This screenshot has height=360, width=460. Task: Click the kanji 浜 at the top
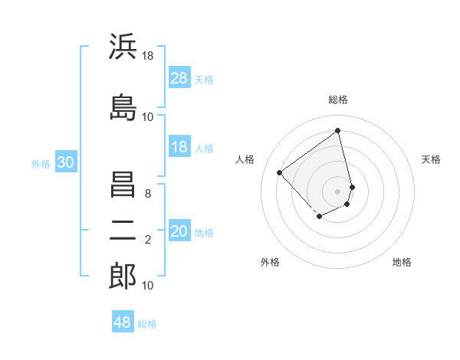(x=123, y=47)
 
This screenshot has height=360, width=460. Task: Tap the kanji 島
(x=123, y=106)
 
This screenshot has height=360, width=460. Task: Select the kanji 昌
(x=123, y=186)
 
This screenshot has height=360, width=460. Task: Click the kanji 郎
(x=123, y=277)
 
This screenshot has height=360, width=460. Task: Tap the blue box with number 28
(x=179, y=77)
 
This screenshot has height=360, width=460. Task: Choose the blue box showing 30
(x=66, y=162)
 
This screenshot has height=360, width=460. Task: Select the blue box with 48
(x=123, y=322)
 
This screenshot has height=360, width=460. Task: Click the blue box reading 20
(x=179, y=231)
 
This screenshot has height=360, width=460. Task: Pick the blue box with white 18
(x=179, y=147)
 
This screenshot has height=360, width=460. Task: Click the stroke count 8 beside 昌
(x=148, y=194)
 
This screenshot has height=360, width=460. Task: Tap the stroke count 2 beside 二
(x=148, y=240)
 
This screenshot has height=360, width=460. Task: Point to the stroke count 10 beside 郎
(x=148, y=286)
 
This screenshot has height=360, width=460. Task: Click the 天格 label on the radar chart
(x=431, y=159)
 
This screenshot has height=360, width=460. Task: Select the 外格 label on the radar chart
(x=270, y=262)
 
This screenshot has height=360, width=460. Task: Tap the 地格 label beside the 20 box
(x=204, y=232)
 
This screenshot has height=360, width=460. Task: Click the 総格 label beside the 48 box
(x=147, y=324)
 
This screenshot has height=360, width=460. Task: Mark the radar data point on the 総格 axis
(x=337, y=131)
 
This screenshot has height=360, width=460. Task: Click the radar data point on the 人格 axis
(x=280, y=173)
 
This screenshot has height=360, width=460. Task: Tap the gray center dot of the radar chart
(x=337, y=191)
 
